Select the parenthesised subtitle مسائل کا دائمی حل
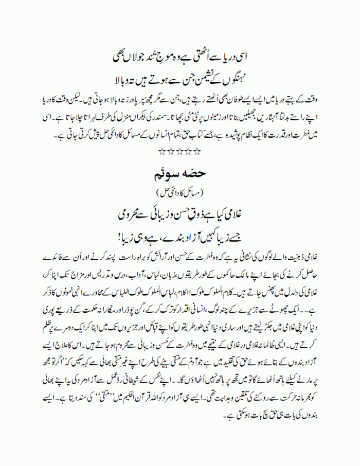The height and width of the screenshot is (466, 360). pos(179,193)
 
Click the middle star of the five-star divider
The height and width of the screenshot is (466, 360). pos(179,152)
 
